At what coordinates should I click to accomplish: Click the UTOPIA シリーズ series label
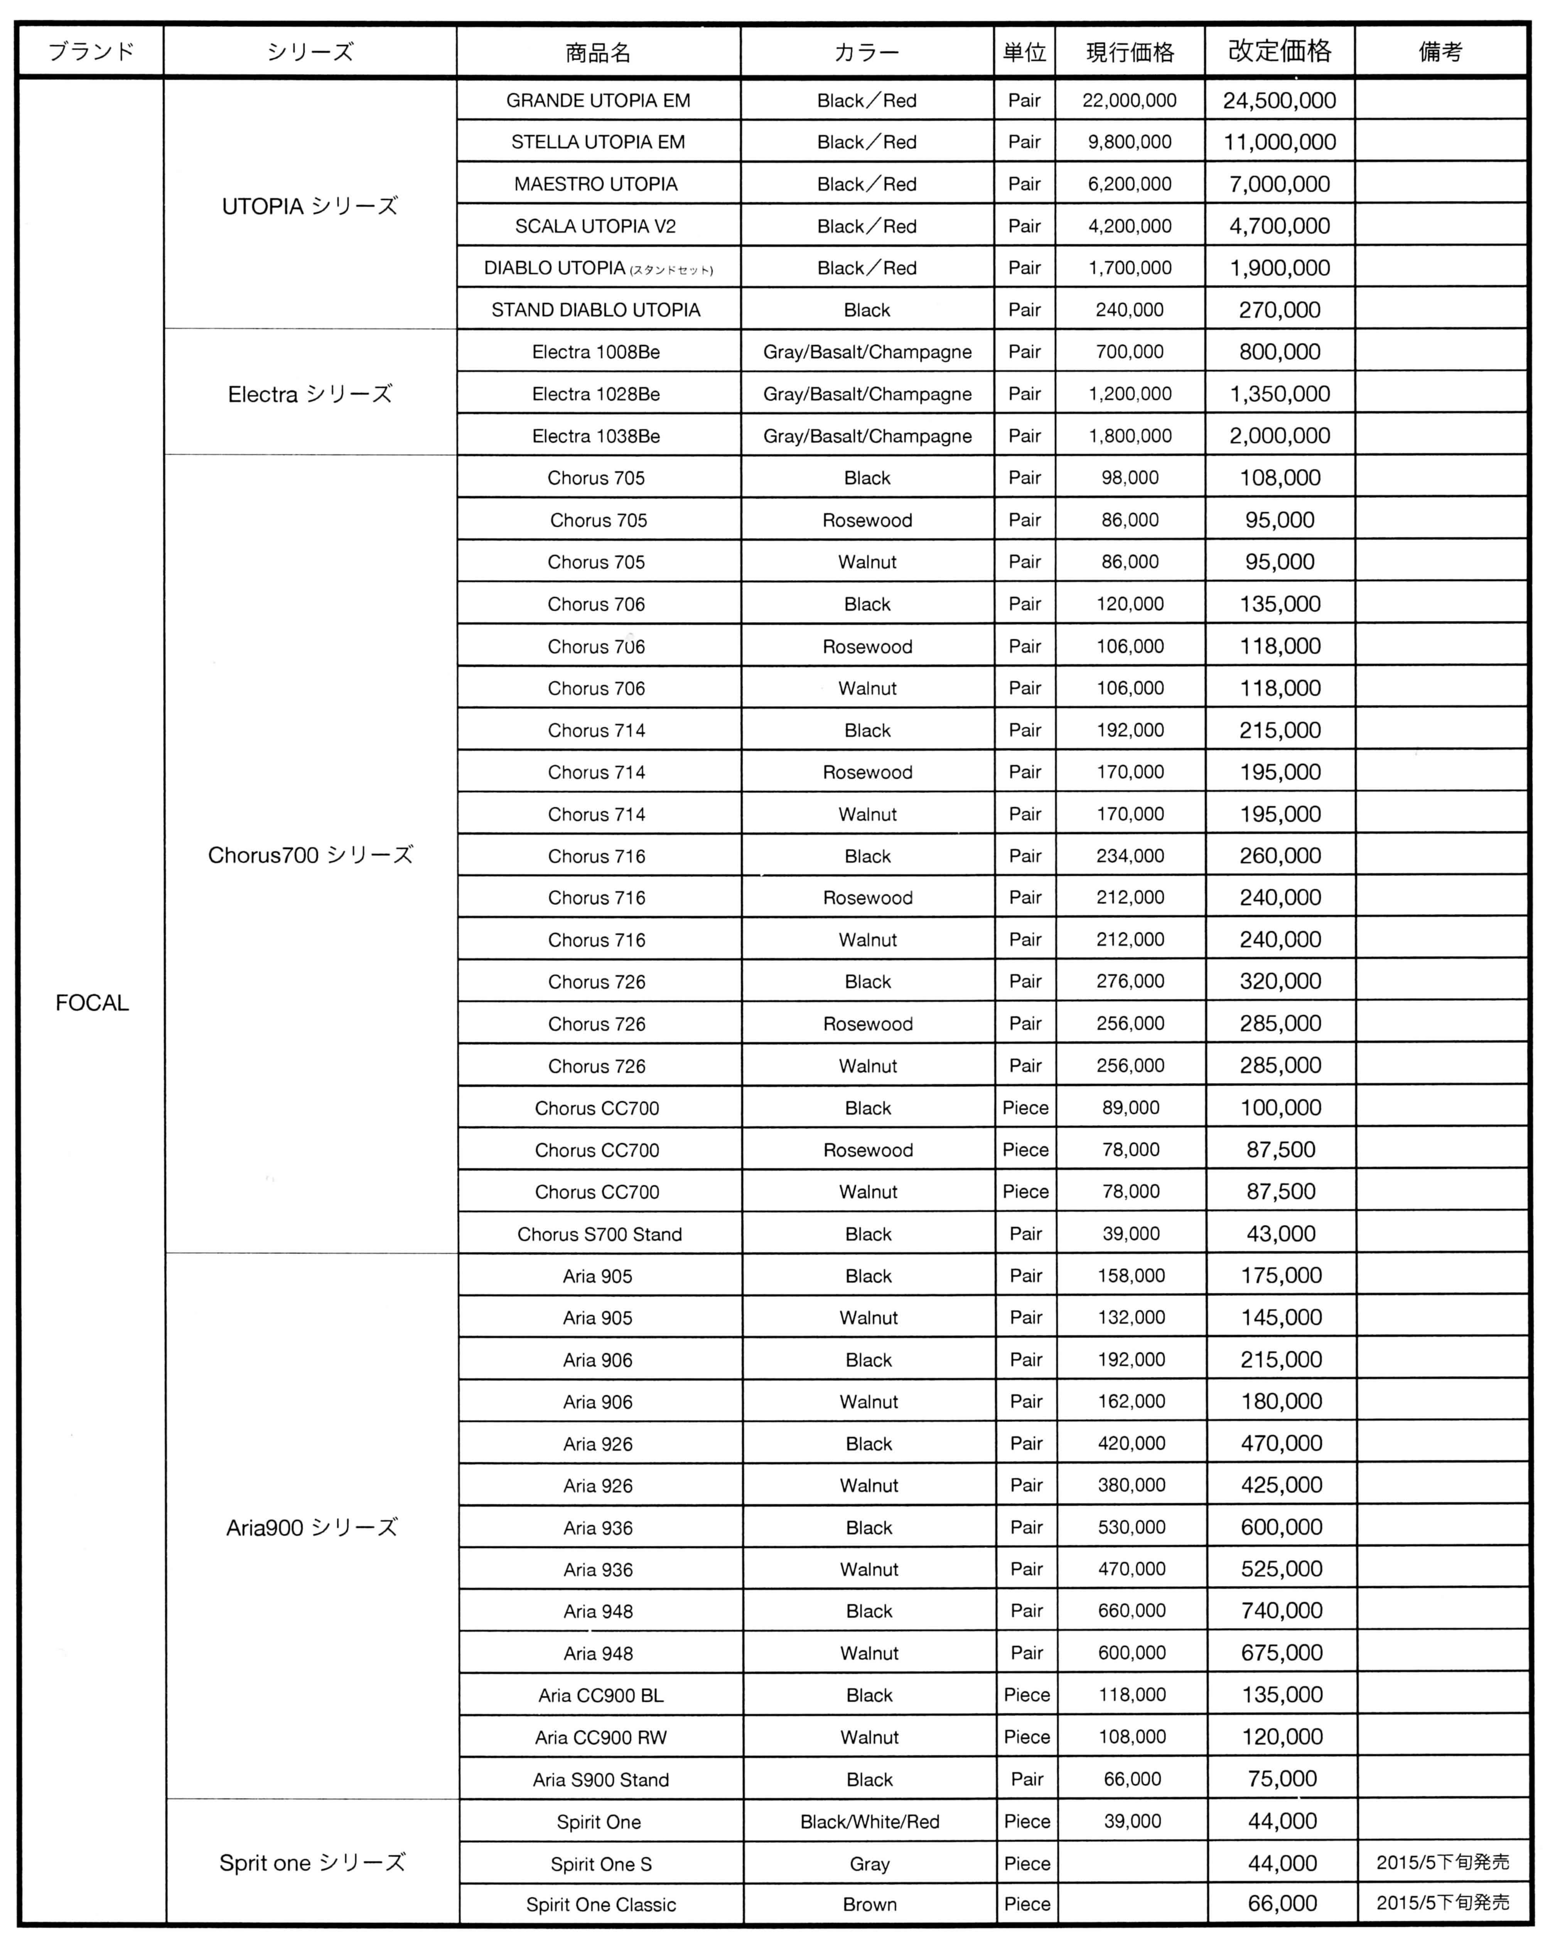(x=310, y=206)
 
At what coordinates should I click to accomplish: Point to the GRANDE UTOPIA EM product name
(x=598, y=100)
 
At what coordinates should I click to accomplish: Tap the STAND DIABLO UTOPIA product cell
(x=596, y=310)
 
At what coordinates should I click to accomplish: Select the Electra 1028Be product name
(x=596, y=394)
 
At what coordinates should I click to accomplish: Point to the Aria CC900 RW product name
(x=600, y=1736)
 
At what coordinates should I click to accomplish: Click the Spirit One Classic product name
(x=600, y=1905)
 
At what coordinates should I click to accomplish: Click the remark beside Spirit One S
(x=1442, y=1862)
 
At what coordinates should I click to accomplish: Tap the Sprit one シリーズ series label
(x=312, y=1863)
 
